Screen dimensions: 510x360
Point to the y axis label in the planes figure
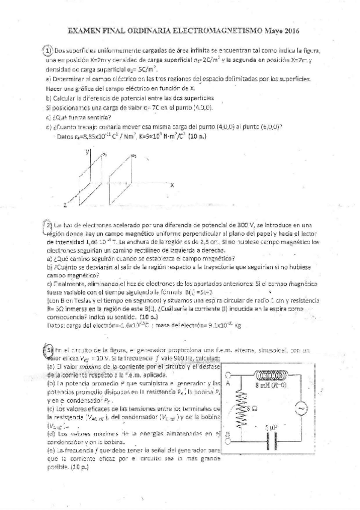click(88, 153)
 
